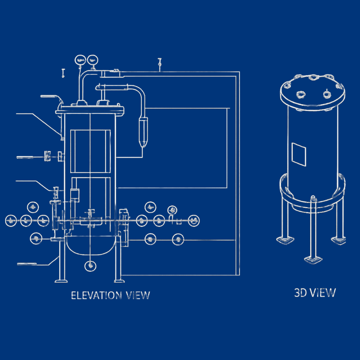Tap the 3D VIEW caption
(315, 292)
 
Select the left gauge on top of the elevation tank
(80, 59)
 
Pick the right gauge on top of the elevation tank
(93, 59)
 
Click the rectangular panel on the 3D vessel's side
(299, 153)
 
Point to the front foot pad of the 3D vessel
(313, 259)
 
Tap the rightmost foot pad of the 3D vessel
(339, 240)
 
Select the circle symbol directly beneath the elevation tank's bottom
(90, 264)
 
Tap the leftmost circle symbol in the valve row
(11, 221)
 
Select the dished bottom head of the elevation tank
(89, 245)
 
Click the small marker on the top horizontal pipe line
(160, 65)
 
